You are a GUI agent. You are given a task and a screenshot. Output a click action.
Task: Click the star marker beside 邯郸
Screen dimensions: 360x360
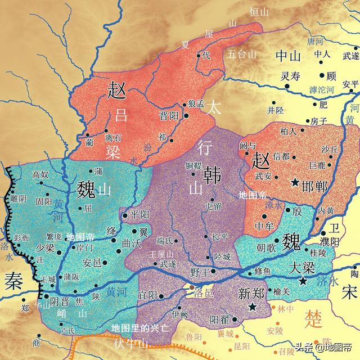coord(295,182)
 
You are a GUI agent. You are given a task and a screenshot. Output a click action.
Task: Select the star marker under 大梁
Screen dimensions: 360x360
coord(304,281)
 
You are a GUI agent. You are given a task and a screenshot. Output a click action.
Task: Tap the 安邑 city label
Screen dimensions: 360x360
coord(92,262)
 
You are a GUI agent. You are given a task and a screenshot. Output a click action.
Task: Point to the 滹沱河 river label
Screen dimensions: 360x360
coord(321,89)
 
